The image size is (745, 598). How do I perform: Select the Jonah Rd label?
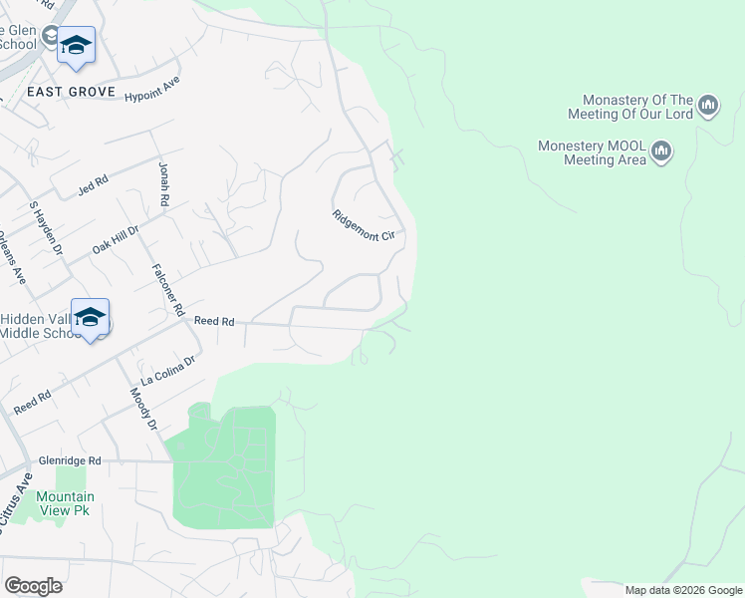163,185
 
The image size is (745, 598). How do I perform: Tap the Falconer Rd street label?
168,290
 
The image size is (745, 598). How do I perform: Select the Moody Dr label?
144,410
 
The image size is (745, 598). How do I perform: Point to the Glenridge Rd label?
70,461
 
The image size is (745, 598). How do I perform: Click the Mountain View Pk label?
65,503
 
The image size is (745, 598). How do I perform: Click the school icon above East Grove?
76,45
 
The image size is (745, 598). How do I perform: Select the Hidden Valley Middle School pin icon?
90,317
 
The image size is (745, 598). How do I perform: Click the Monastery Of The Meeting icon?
708,106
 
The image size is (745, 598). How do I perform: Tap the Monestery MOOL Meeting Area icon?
660,151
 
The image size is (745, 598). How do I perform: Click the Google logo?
33,586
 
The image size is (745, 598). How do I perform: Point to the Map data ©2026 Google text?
682,590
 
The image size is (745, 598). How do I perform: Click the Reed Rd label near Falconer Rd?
214,321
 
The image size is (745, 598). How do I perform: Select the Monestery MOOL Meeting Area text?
592,151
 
